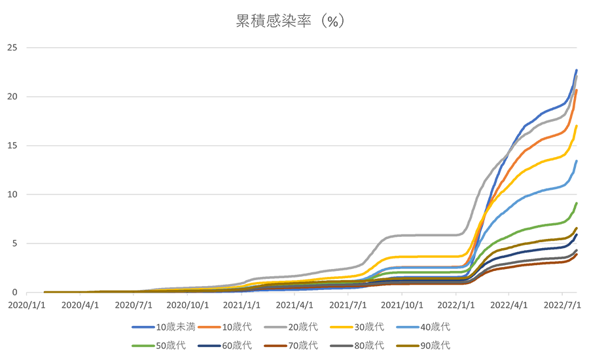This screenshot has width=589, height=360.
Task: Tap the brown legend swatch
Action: pyautogui.click(x=275, y=342)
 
